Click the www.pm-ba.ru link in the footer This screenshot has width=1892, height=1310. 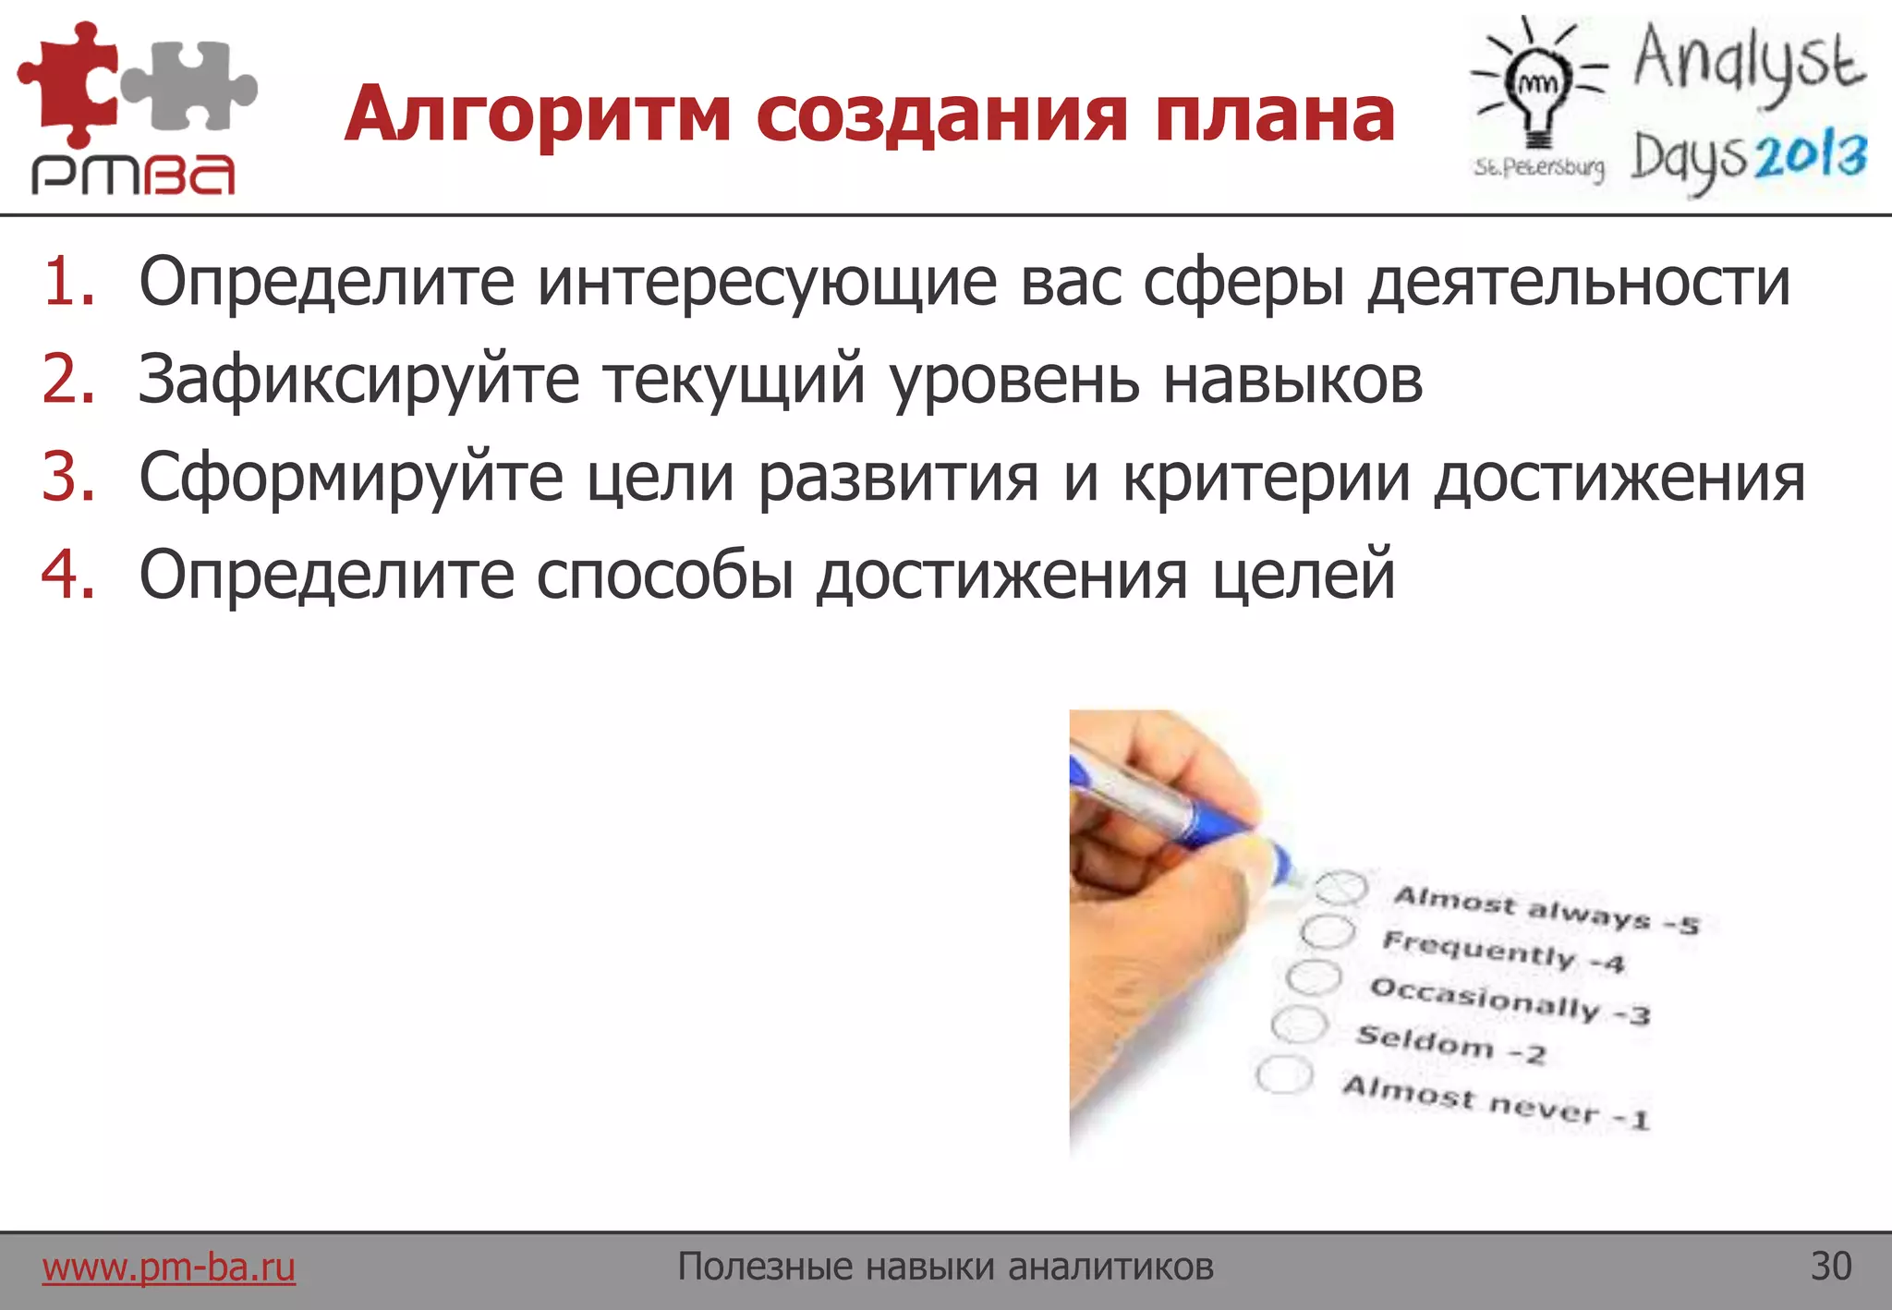[168, 1267]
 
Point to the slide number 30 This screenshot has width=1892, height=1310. [1831, 1267]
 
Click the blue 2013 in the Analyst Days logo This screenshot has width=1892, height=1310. [1811, 157]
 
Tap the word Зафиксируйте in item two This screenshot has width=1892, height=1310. [358, 380]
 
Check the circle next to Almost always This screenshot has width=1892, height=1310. [1340, 888]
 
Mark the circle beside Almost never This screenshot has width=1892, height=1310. [1284, 1075]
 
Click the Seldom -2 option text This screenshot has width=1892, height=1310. [1450, 1045]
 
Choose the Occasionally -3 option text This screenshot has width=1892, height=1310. [1510, 1001]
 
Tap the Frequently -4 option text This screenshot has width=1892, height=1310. [1502, 952]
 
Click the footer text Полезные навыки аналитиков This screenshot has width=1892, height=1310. [945, 1267]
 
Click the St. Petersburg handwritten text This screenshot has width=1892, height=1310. [1538, 167]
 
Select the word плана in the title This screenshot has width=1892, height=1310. [1275, 115]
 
